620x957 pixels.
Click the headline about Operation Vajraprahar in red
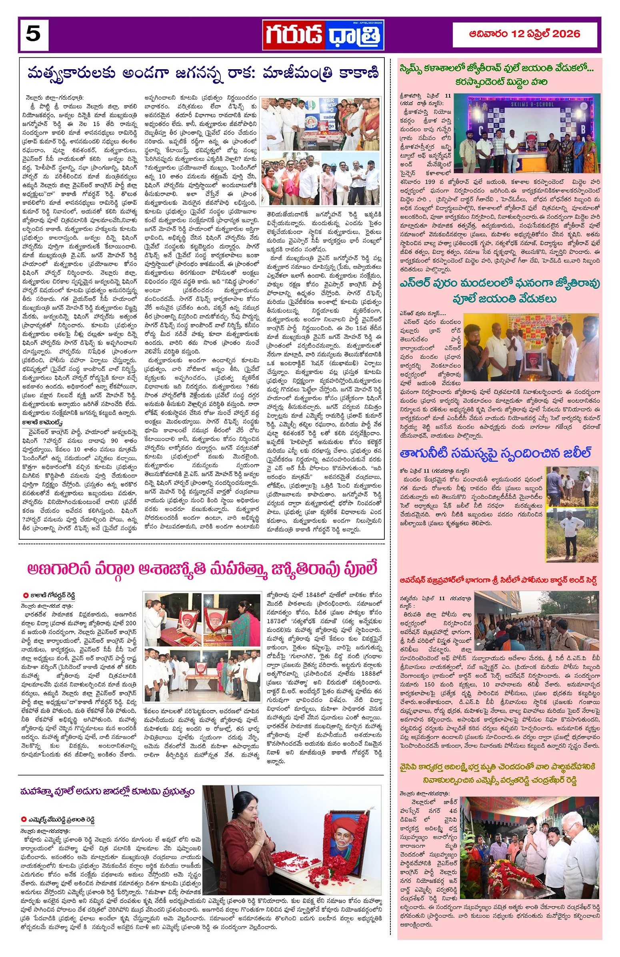498,580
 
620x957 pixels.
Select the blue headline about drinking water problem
495,453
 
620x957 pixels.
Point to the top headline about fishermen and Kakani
203,74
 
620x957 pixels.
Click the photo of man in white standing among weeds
571,535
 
